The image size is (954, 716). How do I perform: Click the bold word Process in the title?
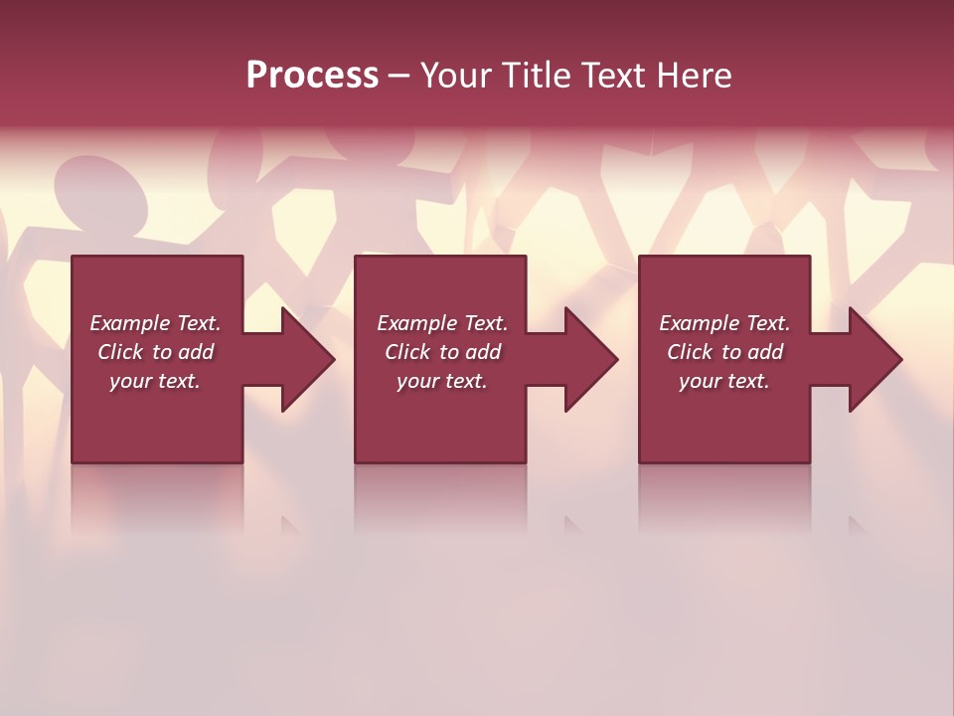pyautogui.click(x=312, y=76)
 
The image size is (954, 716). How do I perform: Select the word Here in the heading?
pyautogui.click(x=694, y=76)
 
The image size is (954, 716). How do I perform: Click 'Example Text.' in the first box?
pyautogui.click(x=155, y=323)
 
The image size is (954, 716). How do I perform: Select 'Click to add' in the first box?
pyautogui.click(x=155, y=352)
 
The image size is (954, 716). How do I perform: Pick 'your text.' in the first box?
pyautogui.click(x=155, y=381)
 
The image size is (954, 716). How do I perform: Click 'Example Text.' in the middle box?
pyautogui.click(x=441, y=323)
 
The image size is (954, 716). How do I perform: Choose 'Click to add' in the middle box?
pyautogui.click(x=441, y=352)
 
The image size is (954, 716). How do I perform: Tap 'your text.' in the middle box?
pyautogui.click(x=441, y=381)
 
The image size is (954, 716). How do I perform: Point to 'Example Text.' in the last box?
pyautogui.click(x=724, y=323)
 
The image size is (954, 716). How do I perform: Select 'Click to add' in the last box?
pyautogui.click(x=724, y=352)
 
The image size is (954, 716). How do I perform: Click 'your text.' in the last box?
pyautogui.click(x=724, y=381)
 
